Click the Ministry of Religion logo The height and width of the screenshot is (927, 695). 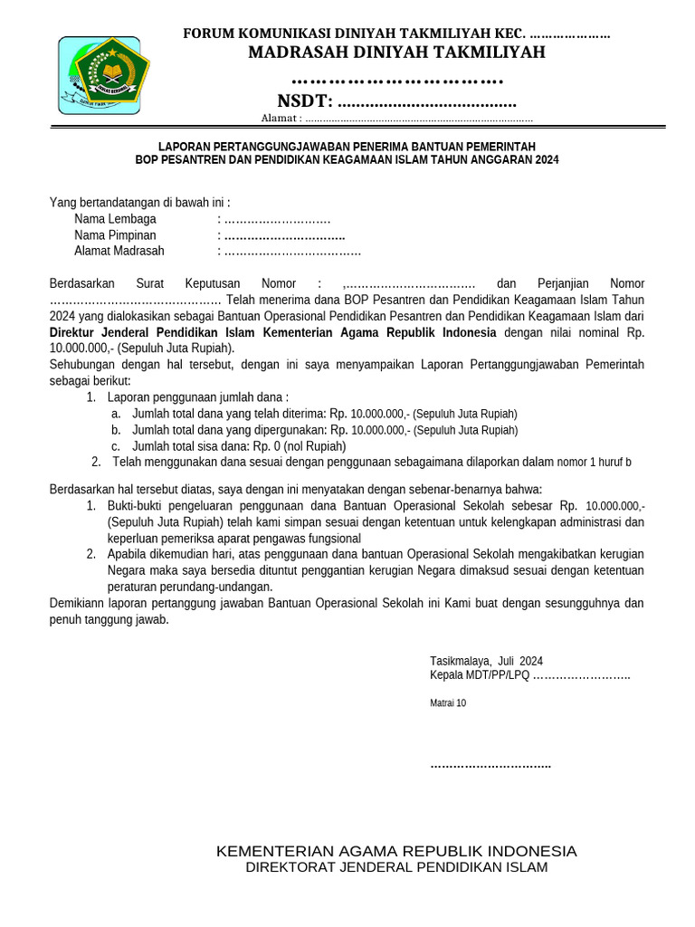coord(101,74)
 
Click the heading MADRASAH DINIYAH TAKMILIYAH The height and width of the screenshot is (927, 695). coord(396,53)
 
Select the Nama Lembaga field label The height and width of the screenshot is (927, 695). coord(115,219)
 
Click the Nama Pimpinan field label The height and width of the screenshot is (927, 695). coord(115,235)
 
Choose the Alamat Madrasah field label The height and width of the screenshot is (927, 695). coord(119,251)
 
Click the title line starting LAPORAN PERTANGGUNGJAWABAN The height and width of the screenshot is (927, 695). coord(347,146)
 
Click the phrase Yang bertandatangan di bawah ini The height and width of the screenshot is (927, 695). coord(139,203)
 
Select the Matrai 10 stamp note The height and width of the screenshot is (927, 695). coord(448,702)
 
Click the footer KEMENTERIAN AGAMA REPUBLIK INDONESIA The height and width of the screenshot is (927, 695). coord(396,851)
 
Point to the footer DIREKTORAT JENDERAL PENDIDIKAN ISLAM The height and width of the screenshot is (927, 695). coord(396,867)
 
